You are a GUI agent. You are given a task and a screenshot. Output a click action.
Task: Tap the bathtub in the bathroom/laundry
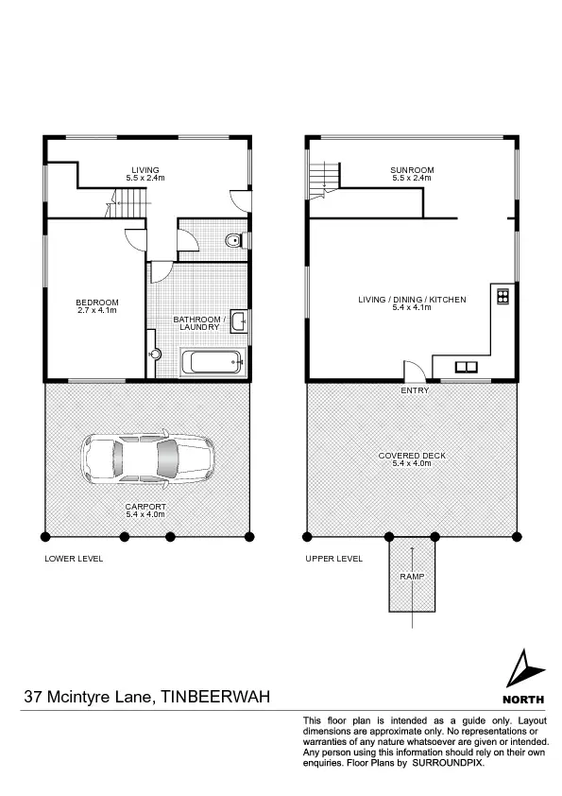click(x=213, y=362)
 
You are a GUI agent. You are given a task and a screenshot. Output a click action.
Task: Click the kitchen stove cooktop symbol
click(x=502, y=296)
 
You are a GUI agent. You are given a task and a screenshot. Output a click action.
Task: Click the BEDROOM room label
click(x=94, y=303)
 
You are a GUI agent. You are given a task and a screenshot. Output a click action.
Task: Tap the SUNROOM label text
click(x=411, y=170)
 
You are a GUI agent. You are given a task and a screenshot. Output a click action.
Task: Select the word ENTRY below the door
click(x=415, y=390)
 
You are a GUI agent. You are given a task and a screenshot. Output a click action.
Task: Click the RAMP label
click(x=411, y=576)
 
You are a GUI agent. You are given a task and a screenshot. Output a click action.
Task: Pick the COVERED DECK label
click(x=412, y=455)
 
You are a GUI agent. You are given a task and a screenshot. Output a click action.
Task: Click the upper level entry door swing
click(x=413, y=372)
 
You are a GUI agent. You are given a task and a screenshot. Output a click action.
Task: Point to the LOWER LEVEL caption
click(x=74, y=559)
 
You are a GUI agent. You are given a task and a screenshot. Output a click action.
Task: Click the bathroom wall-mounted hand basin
click(x=240, y=322)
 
